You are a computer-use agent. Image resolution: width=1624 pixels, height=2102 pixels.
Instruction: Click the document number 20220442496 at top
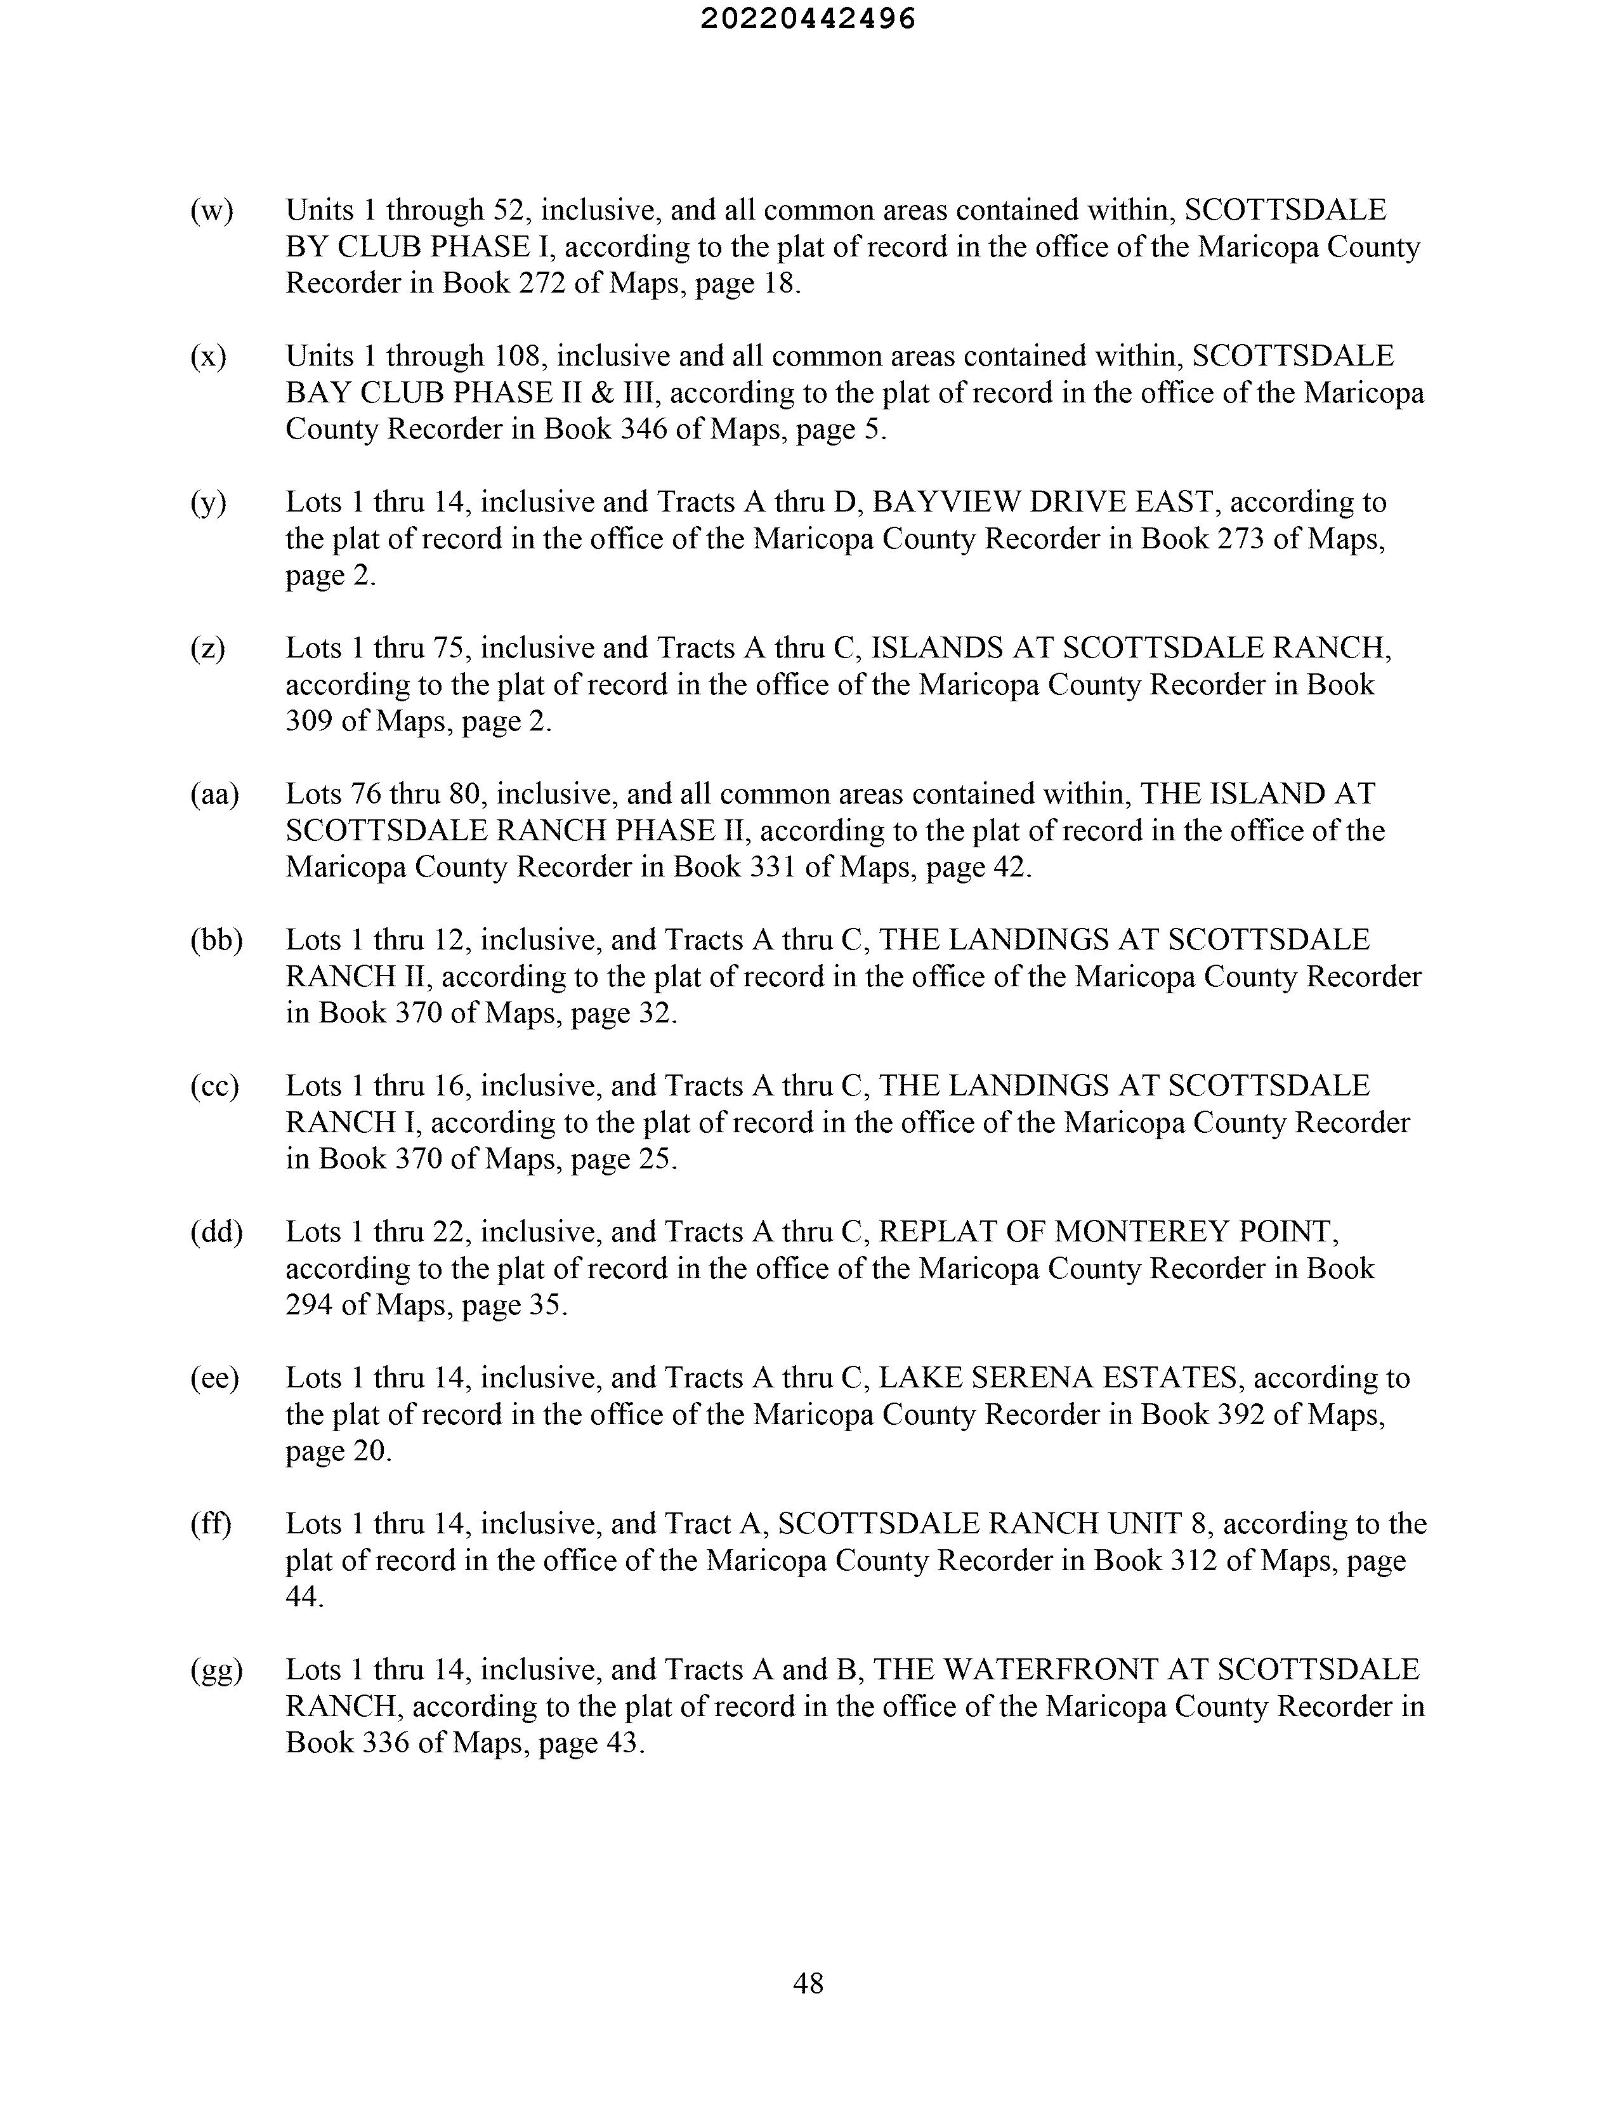pyautogui.click(x=808, y=19)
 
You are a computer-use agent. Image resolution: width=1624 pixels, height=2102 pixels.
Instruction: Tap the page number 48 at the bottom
pyautogui.click(x=808, y=1983)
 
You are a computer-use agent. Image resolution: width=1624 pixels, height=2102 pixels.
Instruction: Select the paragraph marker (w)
pyautogui.click(x=212, y=211)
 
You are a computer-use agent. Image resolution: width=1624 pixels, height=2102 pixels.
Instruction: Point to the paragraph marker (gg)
pyautogui.click(x=216, y=1671)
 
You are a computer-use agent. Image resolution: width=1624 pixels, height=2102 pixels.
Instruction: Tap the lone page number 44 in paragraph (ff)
pyautogui.click(x=303, y=1597)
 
